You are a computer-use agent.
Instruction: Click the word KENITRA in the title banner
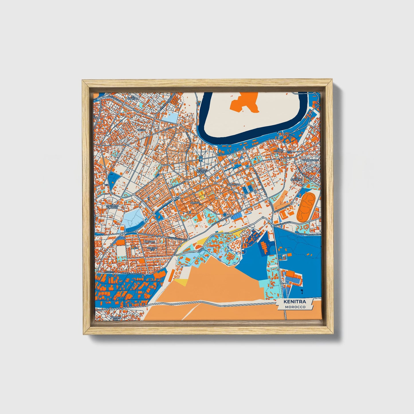(295, 302)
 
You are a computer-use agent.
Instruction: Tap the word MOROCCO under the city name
(295, 307)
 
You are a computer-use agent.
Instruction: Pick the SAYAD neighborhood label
(142, 130)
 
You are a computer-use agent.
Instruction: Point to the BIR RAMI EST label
(152, 248)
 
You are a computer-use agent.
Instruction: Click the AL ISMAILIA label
(133, 98)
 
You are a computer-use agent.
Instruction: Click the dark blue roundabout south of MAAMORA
(225, 215)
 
